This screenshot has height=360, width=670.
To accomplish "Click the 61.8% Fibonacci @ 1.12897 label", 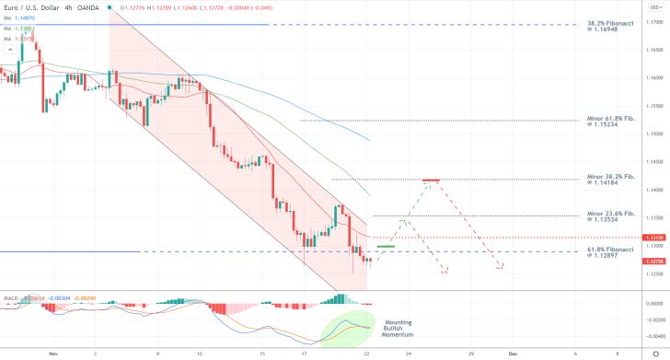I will [611, 253].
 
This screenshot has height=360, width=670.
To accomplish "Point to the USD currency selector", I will [653, 6].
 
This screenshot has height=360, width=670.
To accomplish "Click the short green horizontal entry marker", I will [386, 247].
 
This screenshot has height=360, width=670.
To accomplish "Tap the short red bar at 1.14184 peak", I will [430, 180].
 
